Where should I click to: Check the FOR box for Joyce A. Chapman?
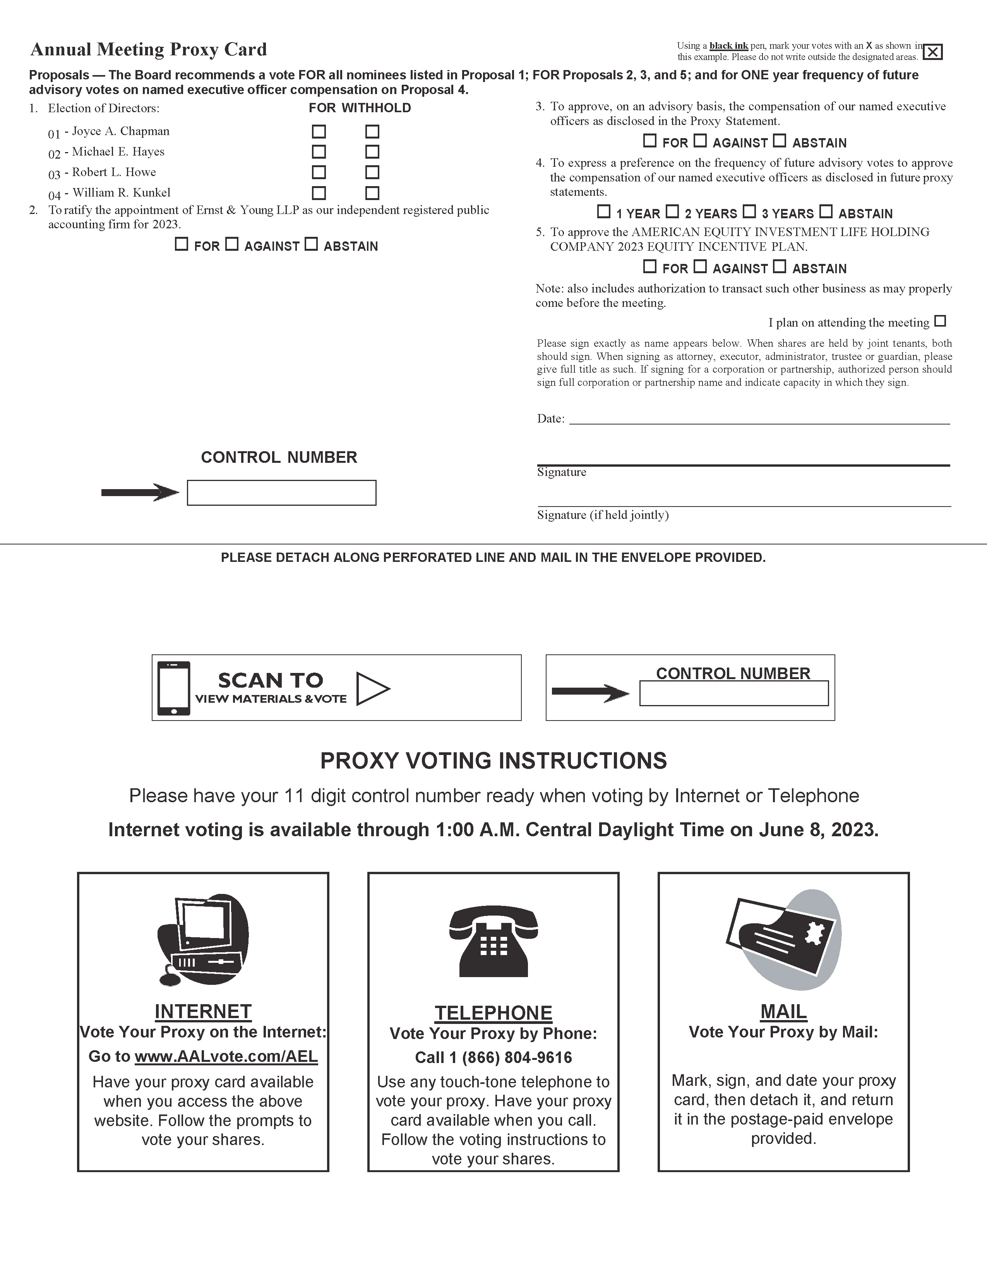(319, 131)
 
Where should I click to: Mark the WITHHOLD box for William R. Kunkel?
(372, 192)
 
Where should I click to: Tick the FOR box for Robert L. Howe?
(319, 172)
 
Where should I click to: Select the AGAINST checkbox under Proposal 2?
(232, 245)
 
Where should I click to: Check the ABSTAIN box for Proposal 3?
(780, 141)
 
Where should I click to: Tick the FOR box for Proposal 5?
(649, 267)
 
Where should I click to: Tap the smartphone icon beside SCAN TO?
(174, 688)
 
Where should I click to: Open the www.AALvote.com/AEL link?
(226, 1056)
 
